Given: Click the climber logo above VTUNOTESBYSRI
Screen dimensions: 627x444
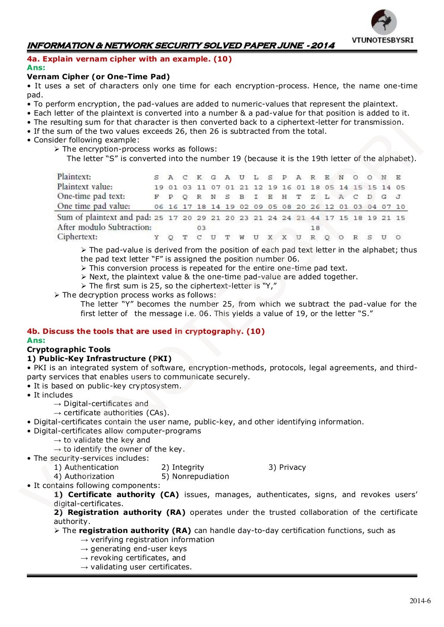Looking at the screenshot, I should [x=384, y=22].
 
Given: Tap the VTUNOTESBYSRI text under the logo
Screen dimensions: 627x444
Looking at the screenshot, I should [x=382, y=40].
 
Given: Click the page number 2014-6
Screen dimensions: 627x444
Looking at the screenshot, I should [x=420, y=601].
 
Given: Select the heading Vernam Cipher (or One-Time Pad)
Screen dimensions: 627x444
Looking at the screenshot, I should [x=98, y=77].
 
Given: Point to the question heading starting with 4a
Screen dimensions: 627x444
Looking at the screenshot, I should [x=129, y=59].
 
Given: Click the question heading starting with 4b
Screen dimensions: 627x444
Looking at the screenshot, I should [x=146, y=331].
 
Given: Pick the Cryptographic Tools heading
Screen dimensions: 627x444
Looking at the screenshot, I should [x=69, y=349].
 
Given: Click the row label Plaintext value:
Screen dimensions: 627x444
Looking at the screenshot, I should [x=85, y=187].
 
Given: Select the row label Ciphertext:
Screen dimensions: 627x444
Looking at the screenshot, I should [x=77, y=237].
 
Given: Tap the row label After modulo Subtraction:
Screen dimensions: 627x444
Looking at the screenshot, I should [x=104, y=227].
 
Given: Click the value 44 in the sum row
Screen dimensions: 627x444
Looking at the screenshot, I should [x=315, y=218].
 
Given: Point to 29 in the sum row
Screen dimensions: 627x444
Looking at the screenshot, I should [x=201, y=218].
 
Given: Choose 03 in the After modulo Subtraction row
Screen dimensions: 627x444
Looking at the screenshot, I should [x=201, y=228].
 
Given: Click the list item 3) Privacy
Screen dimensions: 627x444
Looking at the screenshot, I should [x=287, y=467].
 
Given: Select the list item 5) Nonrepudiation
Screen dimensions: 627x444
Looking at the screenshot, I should [x=195, y=476].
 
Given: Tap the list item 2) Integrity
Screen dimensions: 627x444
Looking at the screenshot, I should [x=183, y=467].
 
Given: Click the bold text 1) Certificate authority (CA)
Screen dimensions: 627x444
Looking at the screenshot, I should [x=117, y=494].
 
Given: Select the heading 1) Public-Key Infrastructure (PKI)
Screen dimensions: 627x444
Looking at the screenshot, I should [x=99, y=359].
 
